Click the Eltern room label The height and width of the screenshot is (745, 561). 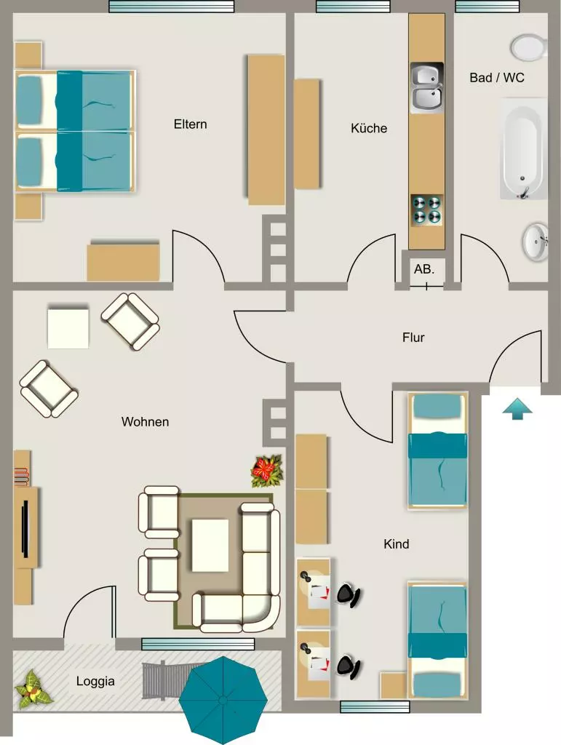[190, 124]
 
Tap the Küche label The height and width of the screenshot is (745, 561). [369, 128]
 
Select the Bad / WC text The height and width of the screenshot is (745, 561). [497, 77]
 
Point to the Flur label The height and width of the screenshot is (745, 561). [413, 338]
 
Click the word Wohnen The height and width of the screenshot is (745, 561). [145, 422]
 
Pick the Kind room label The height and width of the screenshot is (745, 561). [396, 544]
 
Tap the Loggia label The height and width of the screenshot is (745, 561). [95, 682]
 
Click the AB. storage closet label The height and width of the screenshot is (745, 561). [423, 269]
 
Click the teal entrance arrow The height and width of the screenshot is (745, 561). [517, 409]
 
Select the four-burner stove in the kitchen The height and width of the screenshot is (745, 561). [427, 210]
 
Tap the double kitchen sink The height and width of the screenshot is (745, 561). [427, 87]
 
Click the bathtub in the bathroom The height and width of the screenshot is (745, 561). [523, 148]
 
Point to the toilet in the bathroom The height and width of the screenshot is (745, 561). [528, 47]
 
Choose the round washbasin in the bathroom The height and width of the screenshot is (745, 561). [536, 242]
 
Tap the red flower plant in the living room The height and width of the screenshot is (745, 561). [267, 471]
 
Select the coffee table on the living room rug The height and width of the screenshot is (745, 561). [210, 545]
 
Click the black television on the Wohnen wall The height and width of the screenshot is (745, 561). [25, 528]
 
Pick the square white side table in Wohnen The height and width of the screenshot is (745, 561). [68, 328]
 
